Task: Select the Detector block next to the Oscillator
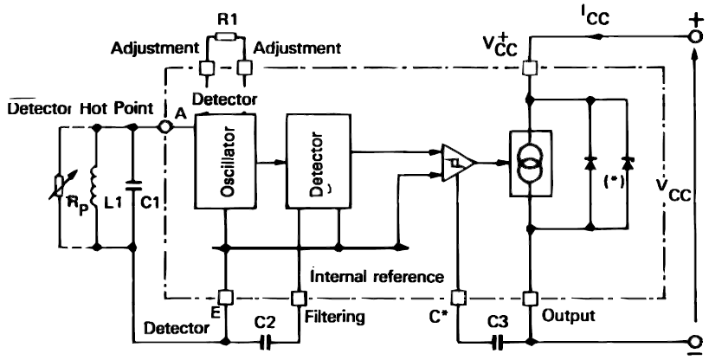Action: coord(319,163)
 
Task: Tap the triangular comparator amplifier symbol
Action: coord(458,163)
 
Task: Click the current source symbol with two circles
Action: coord(531,164)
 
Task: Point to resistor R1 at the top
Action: coord(226,36)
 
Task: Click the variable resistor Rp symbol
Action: coord(59,186)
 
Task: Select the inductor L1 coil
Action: coord(95,186)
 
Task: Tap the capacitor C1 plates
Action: coord(133,185)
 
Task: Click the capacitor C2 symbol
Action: coord(266,343)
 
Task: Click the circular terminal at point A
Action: coord(165,127)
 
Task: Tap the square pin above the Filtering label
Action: coord(298,298)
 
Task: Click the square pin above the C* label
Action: coord(458,298)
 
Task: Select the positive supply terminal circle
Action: coord(696,37)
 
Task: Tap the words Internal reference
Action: coord(377,275)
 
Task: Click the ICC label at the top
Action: coord(595,18)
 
